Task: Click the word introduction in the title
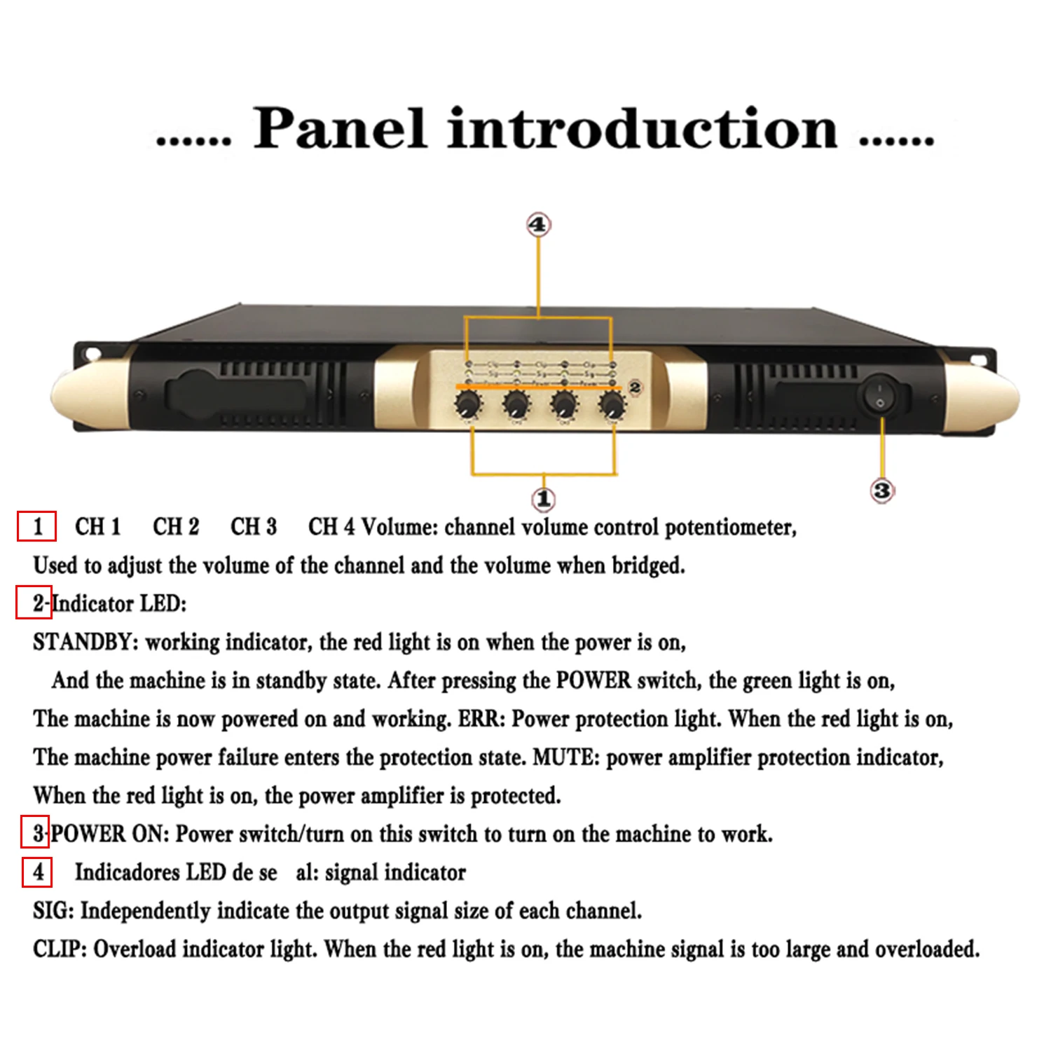point(642,129)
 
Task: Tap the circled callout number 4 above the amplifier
point(538,225)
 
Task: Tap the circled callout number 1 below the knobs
point(543,500)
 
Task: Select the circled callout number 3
point(881,490)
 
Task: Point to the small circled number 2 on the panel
point(635,387)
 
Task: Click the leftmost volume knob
point(468,405)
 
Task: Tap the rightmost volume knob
point(612,405)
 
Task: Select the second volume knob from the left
point(516,405)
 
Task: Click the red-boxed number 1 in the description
point(37,526)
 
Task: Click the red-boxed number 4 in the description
point(37,872)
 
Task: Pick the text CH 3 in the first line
point(253,527)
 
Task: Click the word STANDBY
point(85,643)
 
